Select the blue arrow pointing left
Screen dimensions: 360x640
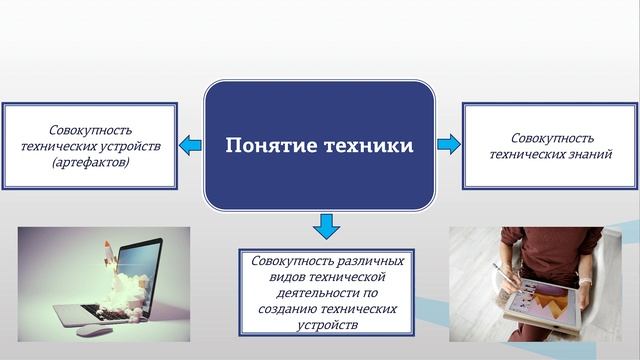click(189, 147)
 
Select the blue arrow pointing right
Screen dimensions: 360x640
click(449, 145)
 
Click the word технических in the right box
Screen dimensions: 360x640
click(524, 153)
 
